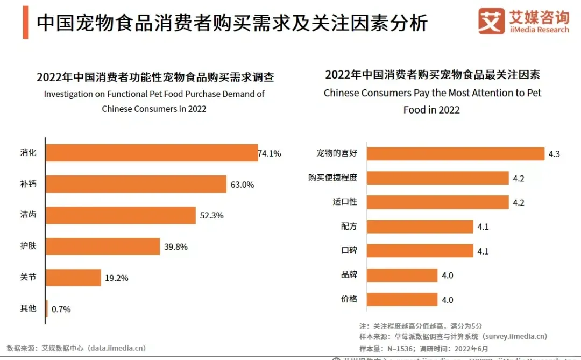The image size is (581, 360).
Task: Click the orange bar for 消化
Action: coord(152,153)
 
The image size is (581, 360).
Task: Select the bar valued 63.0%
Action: coord(136,184)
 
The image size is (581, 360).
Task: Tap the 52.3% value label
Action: coord(211,215)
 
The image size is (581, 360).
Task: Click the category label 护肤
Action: coord(28,246)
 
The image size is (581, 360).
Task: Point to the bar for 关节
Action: coord(74,278)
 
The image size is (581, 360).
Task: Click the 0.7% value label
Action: coord(61,309)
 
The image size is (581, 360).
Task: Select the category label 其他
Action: coord(28,308)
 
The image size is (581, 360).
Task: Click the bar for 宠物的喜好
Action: coord(455,153)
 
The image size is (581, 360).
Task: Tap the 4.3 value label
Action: coord(554,154)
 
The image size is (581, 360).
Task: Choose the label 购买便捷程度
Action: coord(332,178)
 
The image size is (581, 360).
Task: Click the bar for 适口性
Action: coord(437,202)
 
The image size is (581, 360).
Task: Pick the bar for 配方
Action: coord(420,227)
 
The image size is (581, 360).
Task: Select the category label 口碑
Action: coord(349,251)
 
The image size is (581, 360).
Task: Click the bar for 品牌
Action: coord(402,275)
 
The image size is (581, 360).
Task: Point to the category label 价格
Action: coord(349,299)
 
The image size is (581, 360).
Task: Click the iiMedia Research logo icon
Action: coord(491,22)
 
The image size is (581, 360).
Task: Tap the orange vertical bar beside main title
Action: coord(25,23)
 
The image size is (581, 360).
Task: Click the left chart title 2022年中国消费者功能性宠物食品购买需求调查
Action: coord(155,77)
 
